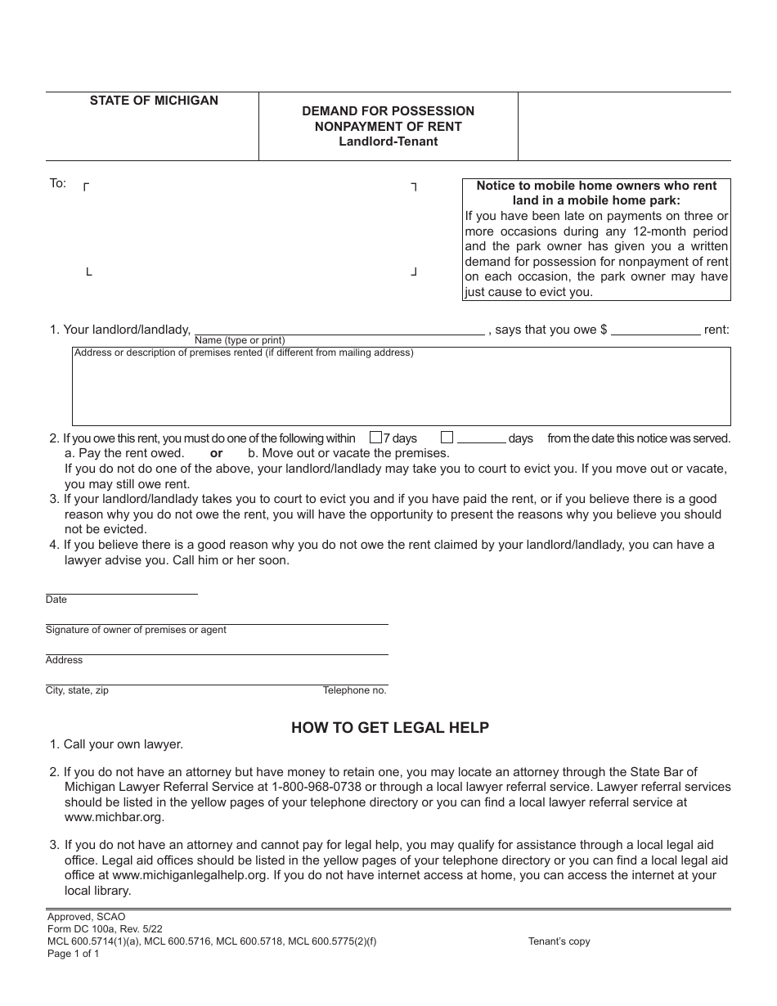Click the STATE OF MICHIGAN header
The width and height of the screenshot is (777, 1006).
pos(154,101)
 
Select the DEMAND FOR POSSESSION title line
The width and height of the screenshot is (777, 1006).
pos(388,110)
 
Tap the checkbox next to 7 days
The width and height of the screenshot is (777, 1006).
pos(376,438)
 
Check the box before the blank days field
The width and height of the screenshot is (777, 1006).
pos(447,438)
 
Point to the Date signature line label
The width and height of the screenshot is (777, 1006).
pos(56,600)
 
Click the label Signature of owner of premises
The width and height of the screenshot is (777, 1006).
pos(136,630)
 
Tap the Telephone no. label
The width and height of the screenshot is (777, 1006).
pos(354,690)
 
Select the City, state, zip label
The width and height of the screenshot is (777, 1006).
pos(77,690)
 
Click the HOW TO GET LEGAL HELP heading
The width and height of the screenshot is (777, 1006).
pos(390,727)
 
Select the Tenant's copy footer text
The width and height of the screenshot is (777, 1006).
pos(559,941)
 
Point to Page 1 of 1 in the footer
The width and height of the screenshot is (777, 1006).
pos(74,954)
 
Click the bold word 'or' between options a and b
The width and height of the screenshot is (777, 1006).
pos(216,453)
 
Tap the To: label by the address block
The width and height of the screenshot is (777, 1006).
pos(58,183)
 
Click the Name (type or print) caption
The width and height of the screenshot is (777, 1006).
pos(240,340)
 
